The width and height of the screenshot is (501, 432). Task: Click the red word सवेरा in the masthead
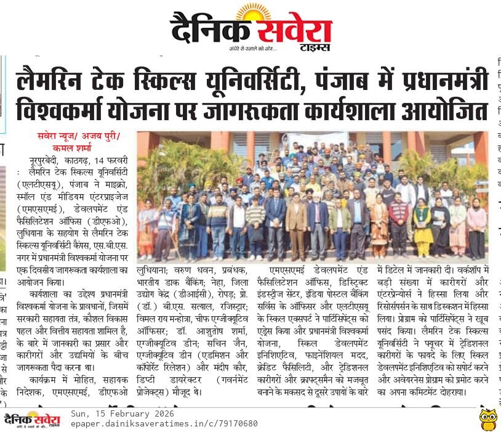[x=294, y=30]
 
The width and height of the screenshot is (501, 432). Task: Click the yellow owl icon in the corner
[x=488, y=419]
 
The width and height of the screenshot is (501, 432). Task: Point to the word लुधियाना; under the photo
[x=158, y=269]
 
